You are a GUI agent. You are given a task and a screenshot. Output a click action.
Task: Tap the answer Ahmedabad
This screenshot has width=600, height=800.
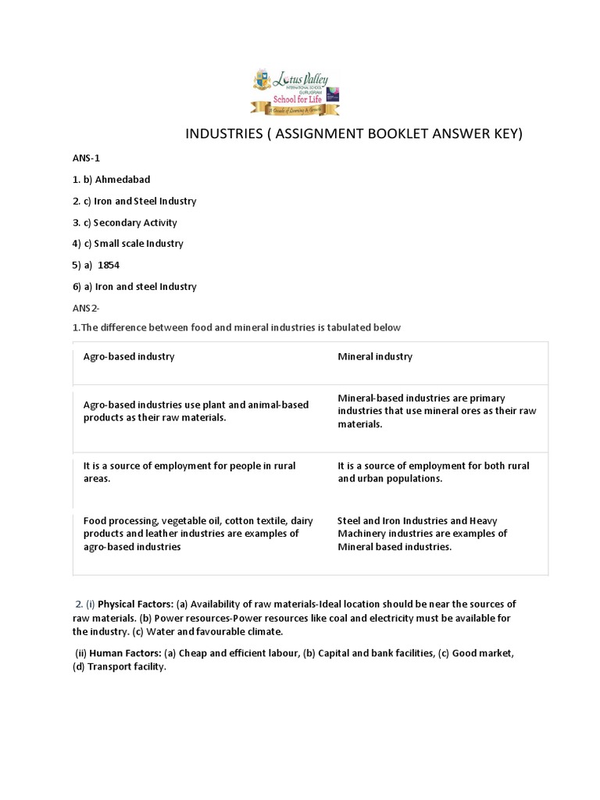(121, 180)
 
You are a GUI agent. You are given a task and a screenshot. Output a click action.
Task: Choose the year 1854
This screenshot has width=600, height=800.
(109, 265)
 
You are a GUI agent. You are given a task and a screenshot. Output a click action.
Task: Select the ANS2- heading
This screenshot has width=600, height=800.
(87, 308)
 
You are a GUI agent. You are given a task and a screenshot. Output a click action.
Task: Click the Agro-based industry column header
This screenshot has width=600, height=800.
(129, 357)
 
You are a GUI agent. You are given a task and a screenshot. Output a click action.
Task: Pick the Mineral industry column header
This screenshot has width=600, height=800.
(375, 357)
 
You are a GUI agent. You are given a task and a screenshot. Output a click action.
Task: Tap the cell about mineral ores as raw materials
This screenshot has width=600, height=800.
(436, 411)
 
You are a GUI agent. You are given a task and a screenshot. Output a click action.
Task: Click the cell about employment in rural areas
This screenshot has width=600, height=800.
(189, 472)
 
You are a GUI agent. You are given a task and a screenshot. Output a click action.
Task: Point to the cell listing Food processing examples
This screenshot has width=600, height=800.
(191, 534)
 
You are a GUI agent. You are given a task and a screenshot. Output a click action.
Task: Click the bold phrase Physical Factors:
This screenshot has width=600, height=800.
(135, 605)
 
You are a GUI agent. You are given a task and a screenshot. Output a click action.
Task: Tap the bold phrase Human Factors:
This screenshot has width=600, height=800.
(131, 653)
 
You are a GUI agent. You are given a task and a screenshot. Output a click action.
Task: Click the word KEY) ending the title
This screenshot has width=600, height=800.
(503, 134)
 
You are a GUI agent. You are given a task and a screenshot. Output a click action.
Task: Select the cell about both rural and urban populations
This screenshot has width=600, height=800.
(433, 472)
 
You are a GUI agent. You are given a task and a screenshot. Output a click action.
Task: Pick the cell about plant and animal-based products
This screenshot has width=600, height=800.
(195, 411)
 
